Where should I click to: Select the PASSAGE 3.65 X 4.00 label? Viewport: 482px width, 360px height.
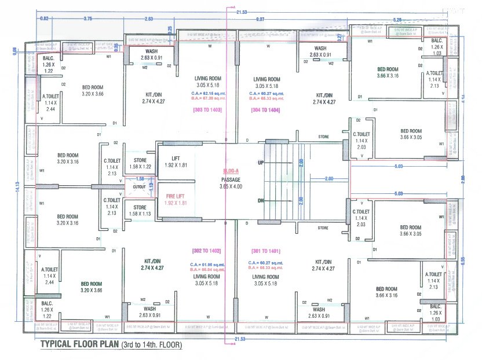click(231, 183)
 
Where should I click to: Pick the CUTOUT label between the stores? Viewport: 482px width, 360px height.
click(138, 186)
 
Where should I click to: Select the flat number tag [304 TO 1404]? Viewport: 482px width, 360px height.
click(264, 109)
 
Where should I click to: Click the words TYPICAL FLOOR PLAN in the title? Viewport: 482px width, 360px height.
click(79, 346)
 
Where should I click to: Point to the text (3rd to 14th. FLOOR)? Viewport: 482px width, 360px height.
click(152, 346)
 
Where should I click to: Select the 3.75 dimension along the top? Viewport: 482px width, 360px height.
click(87, 19)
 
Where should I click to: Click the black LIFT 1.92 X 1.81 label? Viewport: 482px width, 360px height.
click(176, 162)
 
